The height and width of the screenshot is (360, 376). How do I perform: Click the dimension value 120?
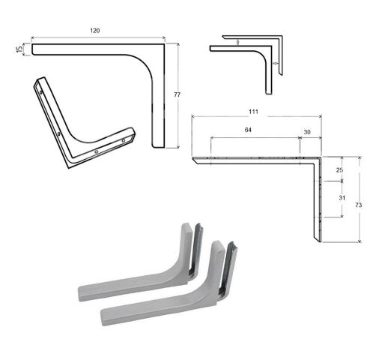(94, 31)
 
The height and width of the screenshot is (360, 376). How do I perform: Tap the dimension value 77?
(177, 94)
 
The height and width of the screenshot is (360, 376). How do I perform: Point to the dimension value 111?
(253, 112)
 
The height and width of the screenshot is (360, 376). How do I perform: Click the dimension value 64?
(248, 130)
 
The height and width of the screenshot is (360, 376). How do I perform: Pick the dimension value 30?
(307, 132)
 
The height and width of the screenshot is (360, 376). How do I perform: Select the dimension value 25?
(339, 170)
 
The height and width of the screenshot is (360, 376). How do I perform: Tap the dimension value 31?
(342, 198)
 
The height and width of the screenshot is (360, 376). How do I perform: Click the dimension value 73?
(358, 205)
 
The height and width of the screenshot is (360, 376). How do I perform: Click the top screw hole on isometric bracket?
(41, 92)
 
